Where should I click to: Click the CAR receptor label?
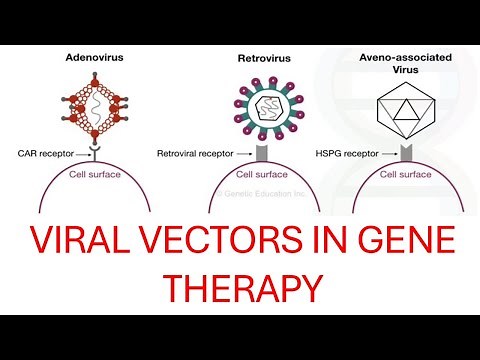(41, 154)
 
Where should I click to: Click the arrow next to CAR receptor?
(79, 154)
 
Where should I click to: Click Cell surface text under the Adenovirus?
(94, 173)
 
